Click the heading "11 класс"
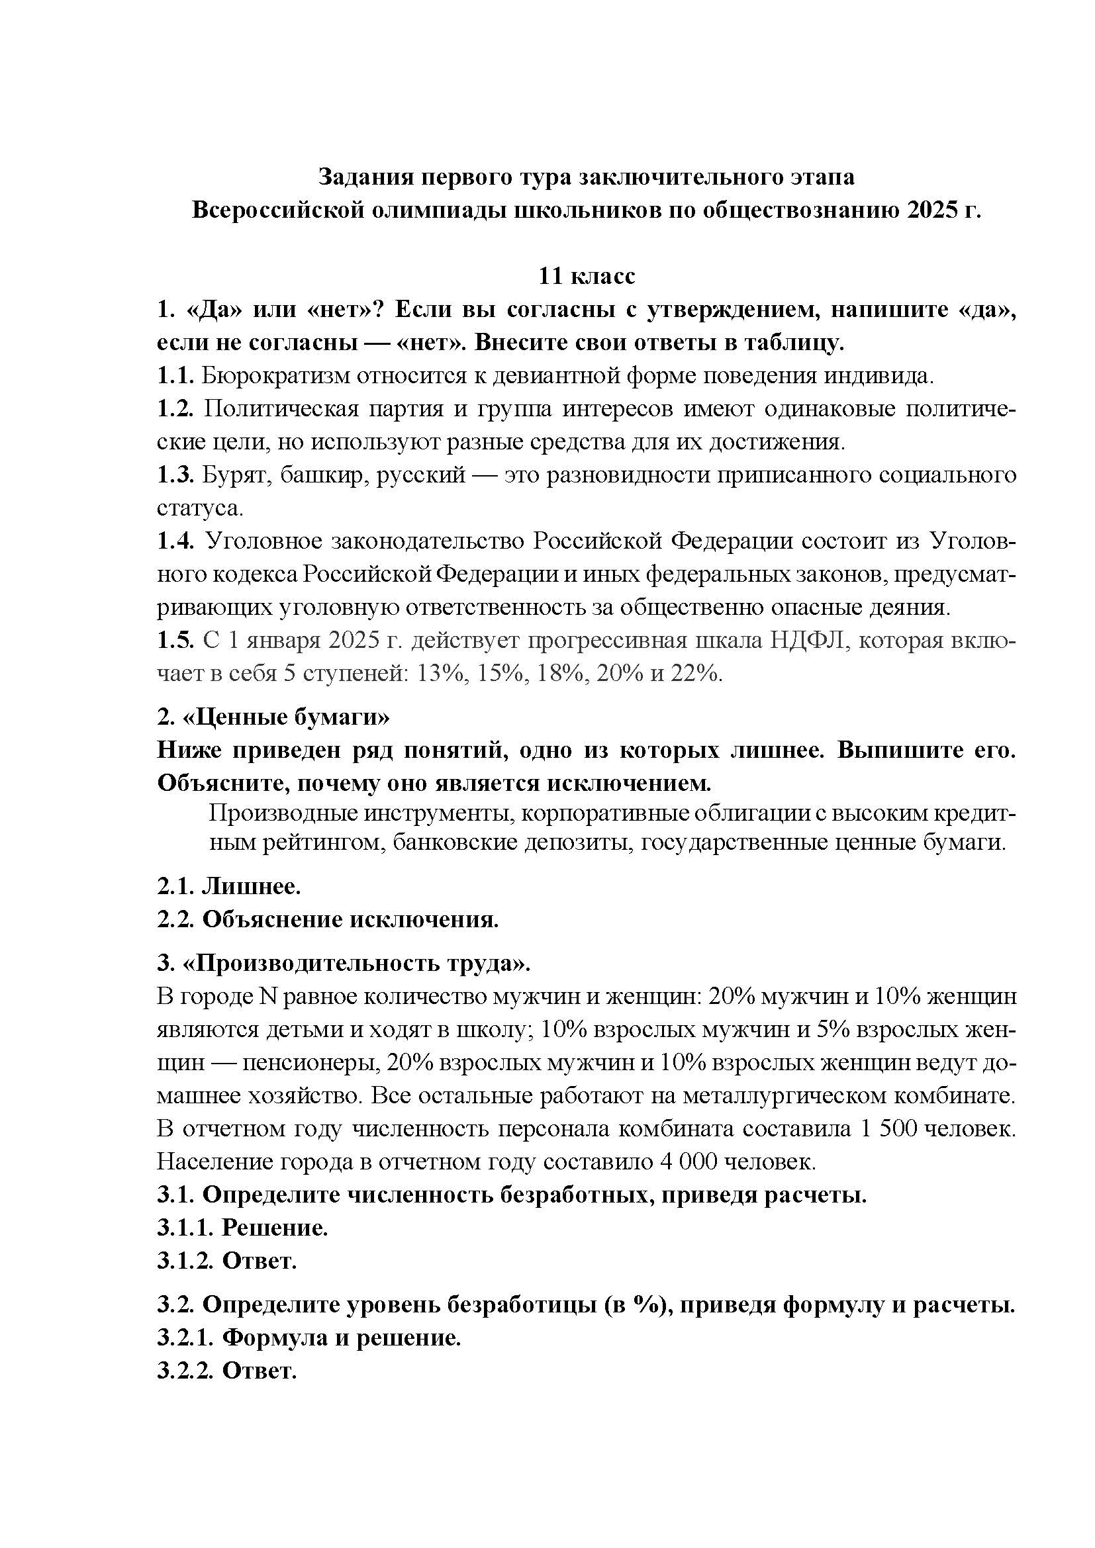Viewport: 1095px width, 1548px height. click(x=586, y=277)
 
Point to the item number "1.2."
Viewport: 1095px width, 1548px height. click(x=176, y=408)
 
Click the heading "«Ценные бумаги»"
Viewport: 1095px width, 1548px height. click(x=286, y=717)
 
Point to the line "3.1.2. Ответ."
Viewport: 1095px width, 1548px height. click(x=227, y=1261)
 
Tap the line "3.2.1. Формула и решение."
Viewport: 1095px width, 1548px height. click(x=309, y=1338)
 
